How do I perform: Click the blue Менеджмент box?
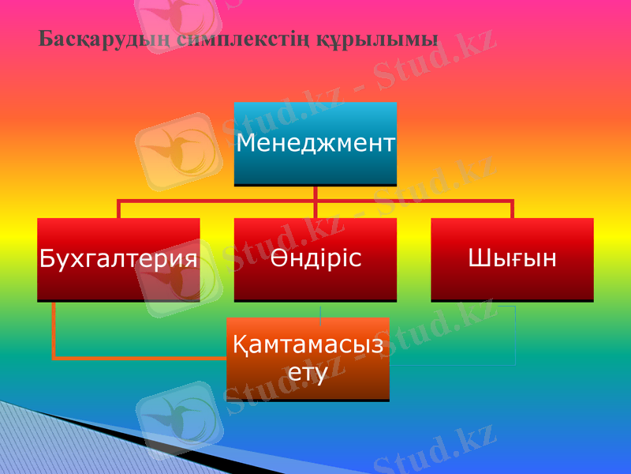315,144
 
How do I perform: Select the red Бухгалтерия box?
118,258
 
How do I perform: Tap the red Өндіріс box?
315,258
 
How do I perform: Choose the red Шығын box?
512,258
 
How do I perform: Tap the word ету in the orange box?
308,372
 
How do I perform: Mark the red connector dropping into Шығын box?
512,209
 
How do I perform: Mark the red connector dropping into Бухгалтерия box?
118,209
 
